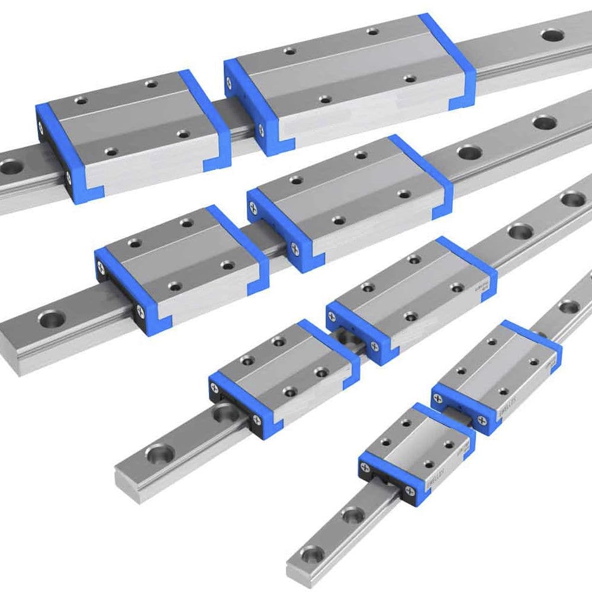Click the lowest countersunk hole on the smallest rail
[312, 554]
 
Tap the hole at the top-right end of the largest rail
[552, 35]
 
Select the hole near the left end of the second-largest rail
[50, 318]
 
